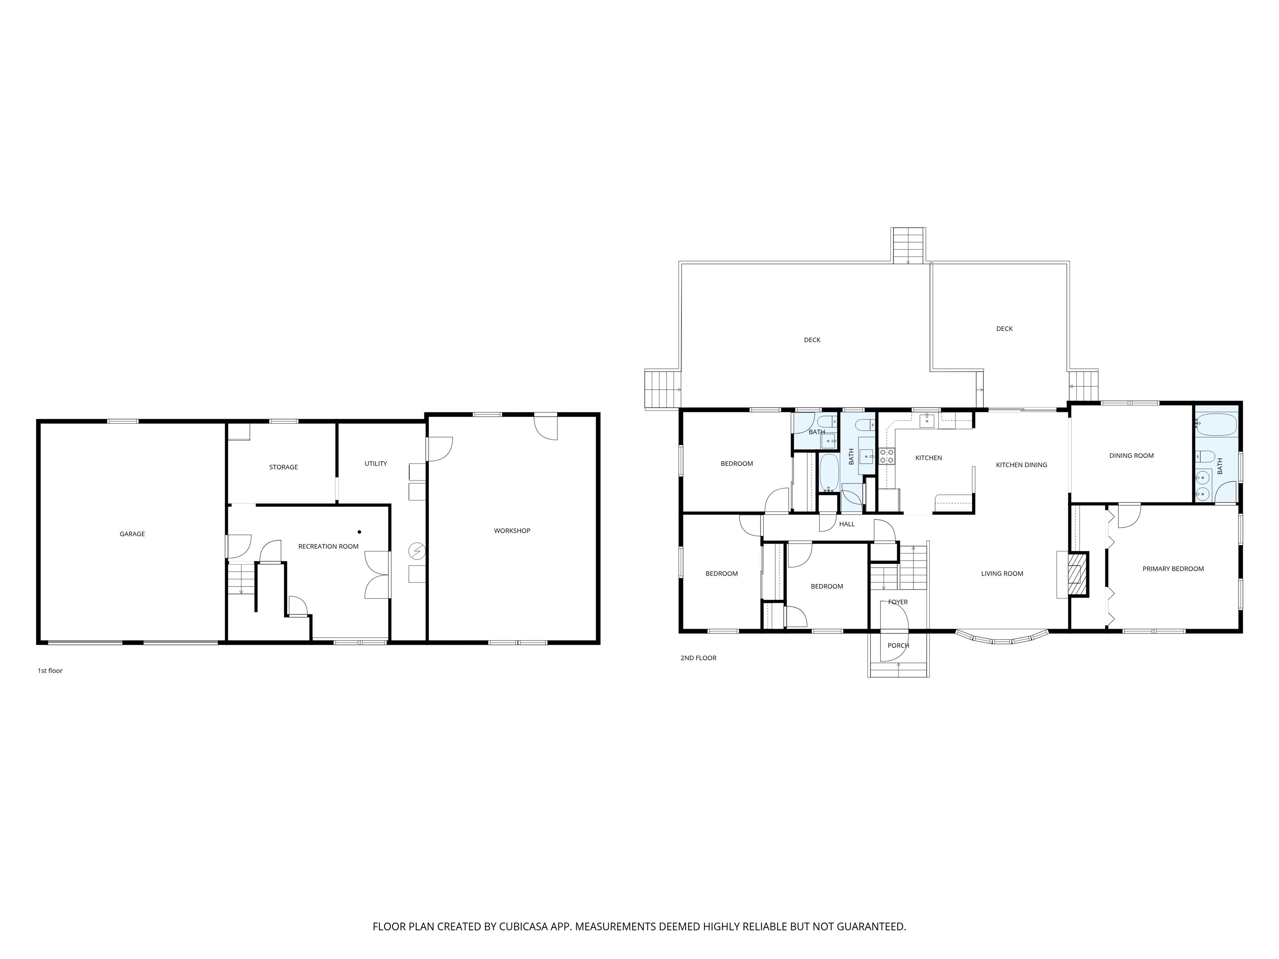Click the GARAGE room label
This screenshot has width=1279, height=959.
132,534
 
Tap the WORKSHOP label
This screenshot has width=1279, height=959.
512,531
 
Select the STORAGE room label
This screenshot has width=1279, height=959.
284,467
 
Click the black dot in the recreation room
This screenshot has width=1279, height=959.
359,532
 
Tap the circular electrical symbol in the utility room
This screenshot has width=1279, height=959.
416,551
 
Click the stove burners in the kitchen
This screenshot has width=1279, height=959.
886,456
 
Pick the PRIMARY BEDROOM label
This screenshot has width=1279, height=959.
1172,569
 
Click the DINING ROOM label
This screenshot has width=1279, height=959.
1131,455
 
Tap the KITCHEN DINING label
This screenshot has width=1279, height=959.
1021,465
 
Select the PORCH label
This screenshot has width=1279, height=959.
898,646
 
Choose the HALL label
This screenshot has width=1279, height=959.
846,524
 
